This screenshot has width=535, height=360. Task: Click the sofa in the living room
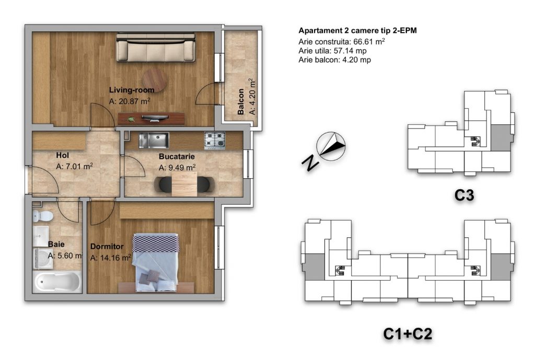click(x=156, y=47)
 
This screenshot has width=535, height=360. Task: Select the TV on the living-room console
click(x=155, y=118)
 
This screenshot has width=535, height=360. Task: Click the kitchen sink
click(x=154, y=140)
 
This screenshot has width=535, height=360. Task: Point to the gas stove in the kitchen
click(x=215, y=141)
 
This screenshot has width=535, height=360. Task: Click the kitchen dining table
click(x=184, y=184)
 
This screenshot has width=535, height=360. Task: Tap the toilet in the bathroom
click(x=42, y=216)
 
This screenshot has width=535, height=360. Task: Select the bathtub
click(x=57, y=282)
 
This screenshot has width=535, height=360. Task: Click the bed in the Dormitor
click(x=156, y=262)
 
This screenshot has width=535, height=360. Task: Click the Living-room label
click(x=132, y=90)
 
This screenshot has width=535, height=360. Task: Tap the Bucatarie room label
click(x=177, y=157)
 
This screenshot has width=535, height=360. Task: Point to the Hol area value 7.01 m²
click(x=74, y=167)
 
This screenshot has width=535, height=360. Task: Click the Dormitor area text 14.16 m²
click(x=111, y=258)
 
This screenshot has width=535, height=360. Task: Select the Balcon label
click(x=241, y=102)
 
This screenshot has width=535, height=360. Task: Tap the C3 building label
click(x=464, y=195)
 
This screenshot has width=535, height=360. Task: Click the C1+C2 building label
click(x=408, y=334)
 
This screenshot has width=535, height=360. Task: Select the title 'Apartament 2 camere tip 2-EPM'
click(x=357, y=31)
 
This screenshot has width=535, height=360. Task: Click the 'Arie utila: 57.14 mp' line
click(x=333, y=51)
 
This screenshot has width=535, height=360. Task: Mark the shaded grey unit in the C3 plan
click(x=501, y=137)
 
